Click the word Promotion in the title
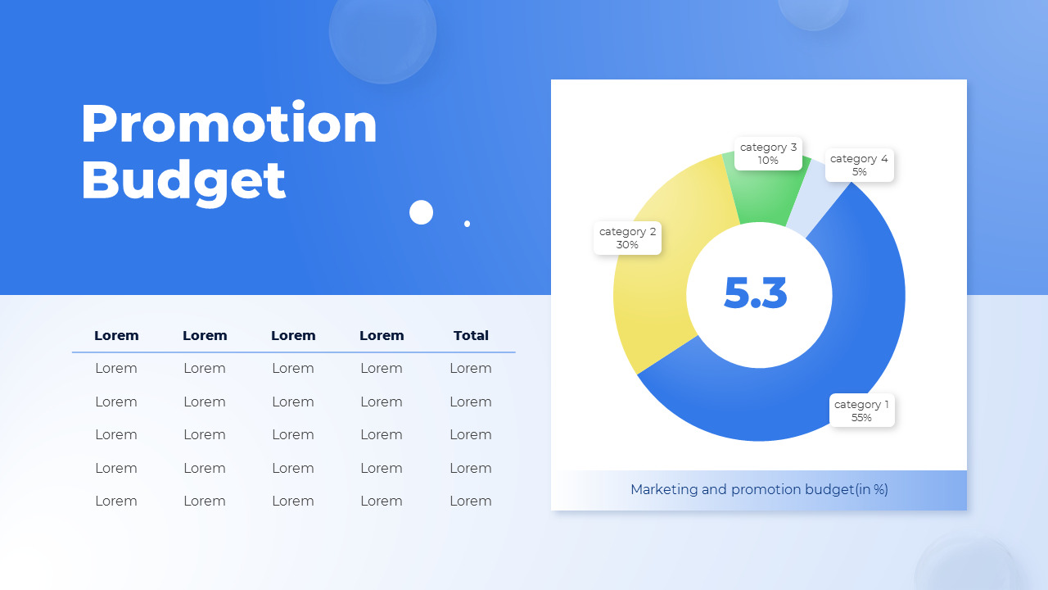228,124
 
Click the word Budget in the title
183,179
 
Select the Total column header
471,335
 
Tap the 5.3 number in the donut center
756,294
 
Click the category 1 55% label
861,411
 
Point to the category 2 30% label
627,238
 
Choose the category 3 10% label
768,153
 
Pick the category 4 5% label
859,165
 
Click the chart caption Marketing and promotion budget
759,489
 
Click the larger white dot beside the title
421,212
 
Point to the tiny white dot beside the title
468,223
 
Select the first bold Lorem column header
116,335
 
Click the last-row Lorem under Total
471,501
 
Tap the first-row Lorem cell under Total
471,368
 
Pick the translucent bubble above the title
382,31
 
